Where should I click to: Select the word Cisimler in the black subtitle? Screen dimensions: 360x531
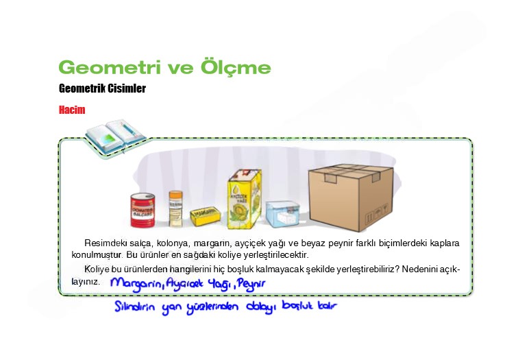(125, 88)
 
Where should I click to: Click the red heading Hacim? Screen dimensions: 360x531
(72, 110)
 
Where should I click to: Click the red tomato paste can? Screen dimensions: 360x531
(144, 210)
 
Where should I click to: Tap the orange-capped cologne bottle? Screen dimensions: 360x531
(175, 208)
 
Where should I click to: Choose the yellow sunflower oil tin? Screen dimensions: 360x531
(245, 200)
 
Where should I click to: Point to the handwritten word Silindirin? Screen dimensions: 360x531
(136, 307)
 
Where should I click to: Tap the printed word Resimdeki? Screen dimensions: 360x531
(103, 243)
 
